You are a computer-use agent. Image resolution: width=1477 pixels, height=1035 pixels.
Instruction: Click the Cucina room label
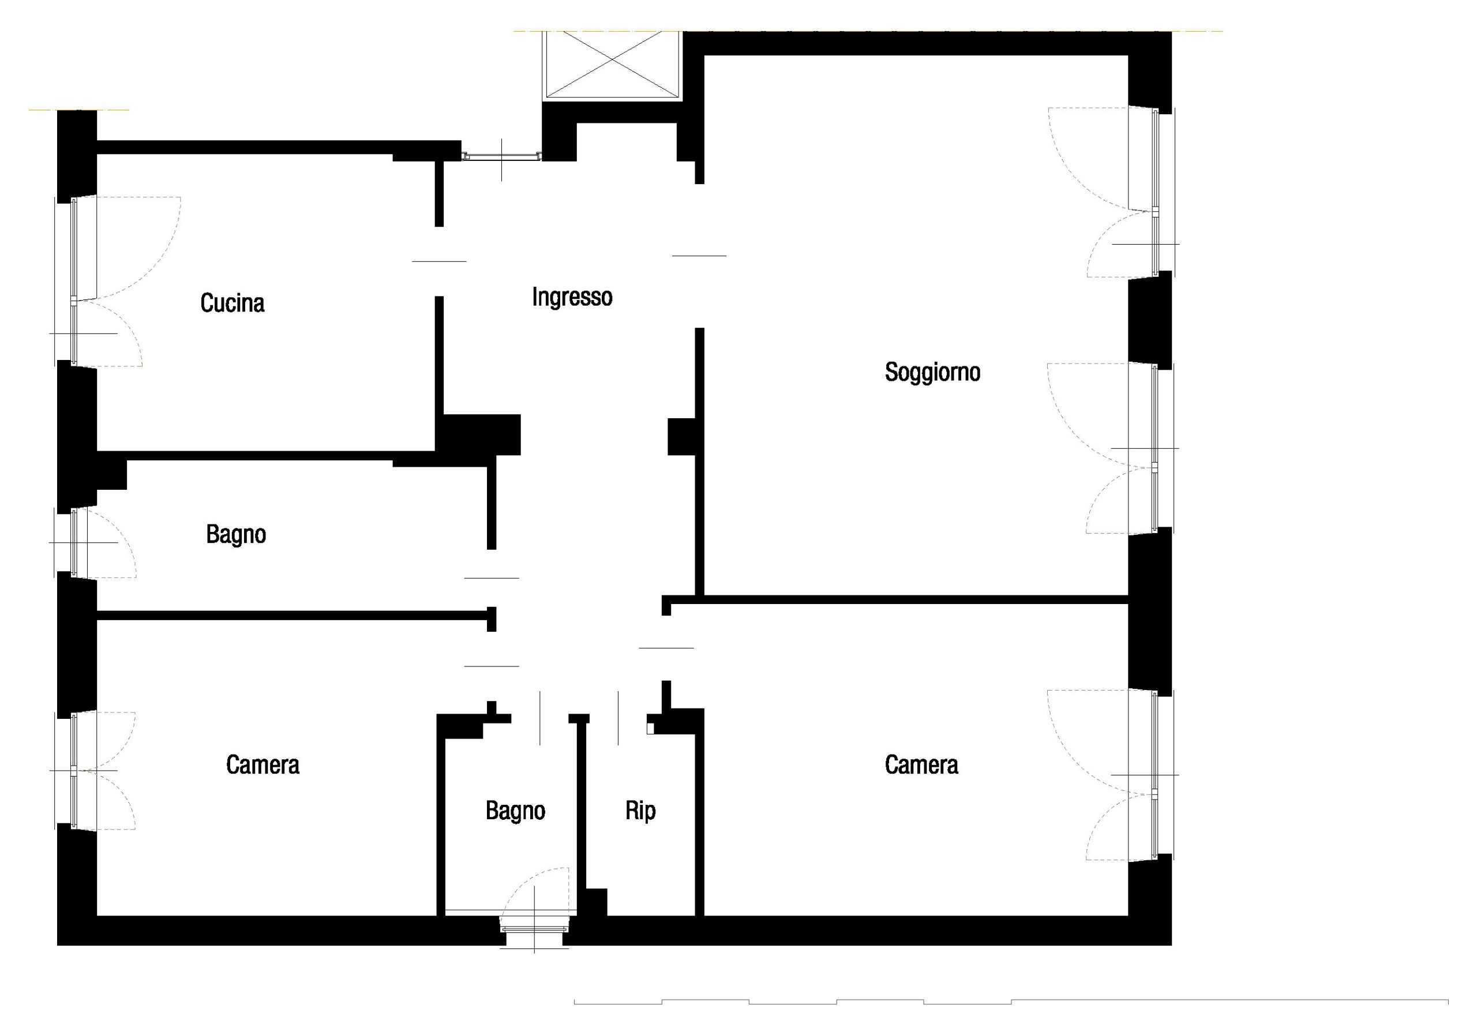[x=233, y=303]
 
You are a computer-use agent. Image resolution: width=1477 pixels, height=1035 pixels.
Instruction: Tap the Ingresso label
[x=572, y=297]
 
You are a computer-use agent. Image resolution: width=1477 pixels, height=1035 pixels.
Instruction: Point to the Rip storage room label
[x=640, y=811]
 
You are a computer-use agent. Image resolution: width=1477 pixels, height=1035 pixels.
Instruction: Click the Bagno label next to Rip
[x=515, y=811]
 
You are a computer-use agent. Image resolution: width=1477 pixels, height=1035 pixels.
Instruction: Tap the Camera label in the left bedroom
[x=263, y=765]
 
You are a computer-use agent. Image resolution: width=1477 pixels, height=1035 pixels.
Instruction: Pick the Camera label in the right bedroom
[x=921, y=765]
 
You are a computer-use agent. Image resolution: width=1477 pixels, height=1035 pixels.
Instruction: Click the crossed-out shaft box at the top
[x=612, y=64]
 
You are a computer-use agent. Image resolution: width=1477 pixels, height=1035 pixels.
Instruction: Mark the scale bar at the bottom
[x=1010, y=1002]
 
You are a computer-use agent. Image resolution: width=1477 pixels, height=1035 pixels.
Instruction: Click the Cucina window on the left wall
[x=74, y=282]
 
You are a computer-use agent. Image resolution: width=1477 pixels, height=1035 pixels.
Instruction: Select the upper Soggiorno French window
[x=1154, y=192]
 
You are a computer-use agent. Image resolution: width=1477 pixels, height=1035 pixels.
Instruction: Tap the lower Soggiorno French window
[x=1154, y=448]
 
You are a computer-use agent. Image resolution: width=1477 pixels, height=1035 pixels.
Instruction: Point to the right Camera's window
[x=1154, y=775]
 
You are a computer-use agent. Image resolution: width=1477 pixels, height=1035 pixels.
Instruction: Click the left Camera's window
[x=74, y=770]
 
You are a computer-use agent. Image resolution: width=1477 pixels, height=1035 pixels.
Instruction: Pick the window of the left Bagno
[x=74, y=542]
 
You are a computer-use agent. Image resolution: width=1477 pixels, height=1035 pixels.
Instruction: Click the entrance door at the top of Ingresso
[x=502, y=156]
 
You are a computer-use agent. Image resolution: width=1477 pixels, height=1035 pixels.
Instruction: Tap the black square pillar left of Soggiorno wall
[x=681, y=437]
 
